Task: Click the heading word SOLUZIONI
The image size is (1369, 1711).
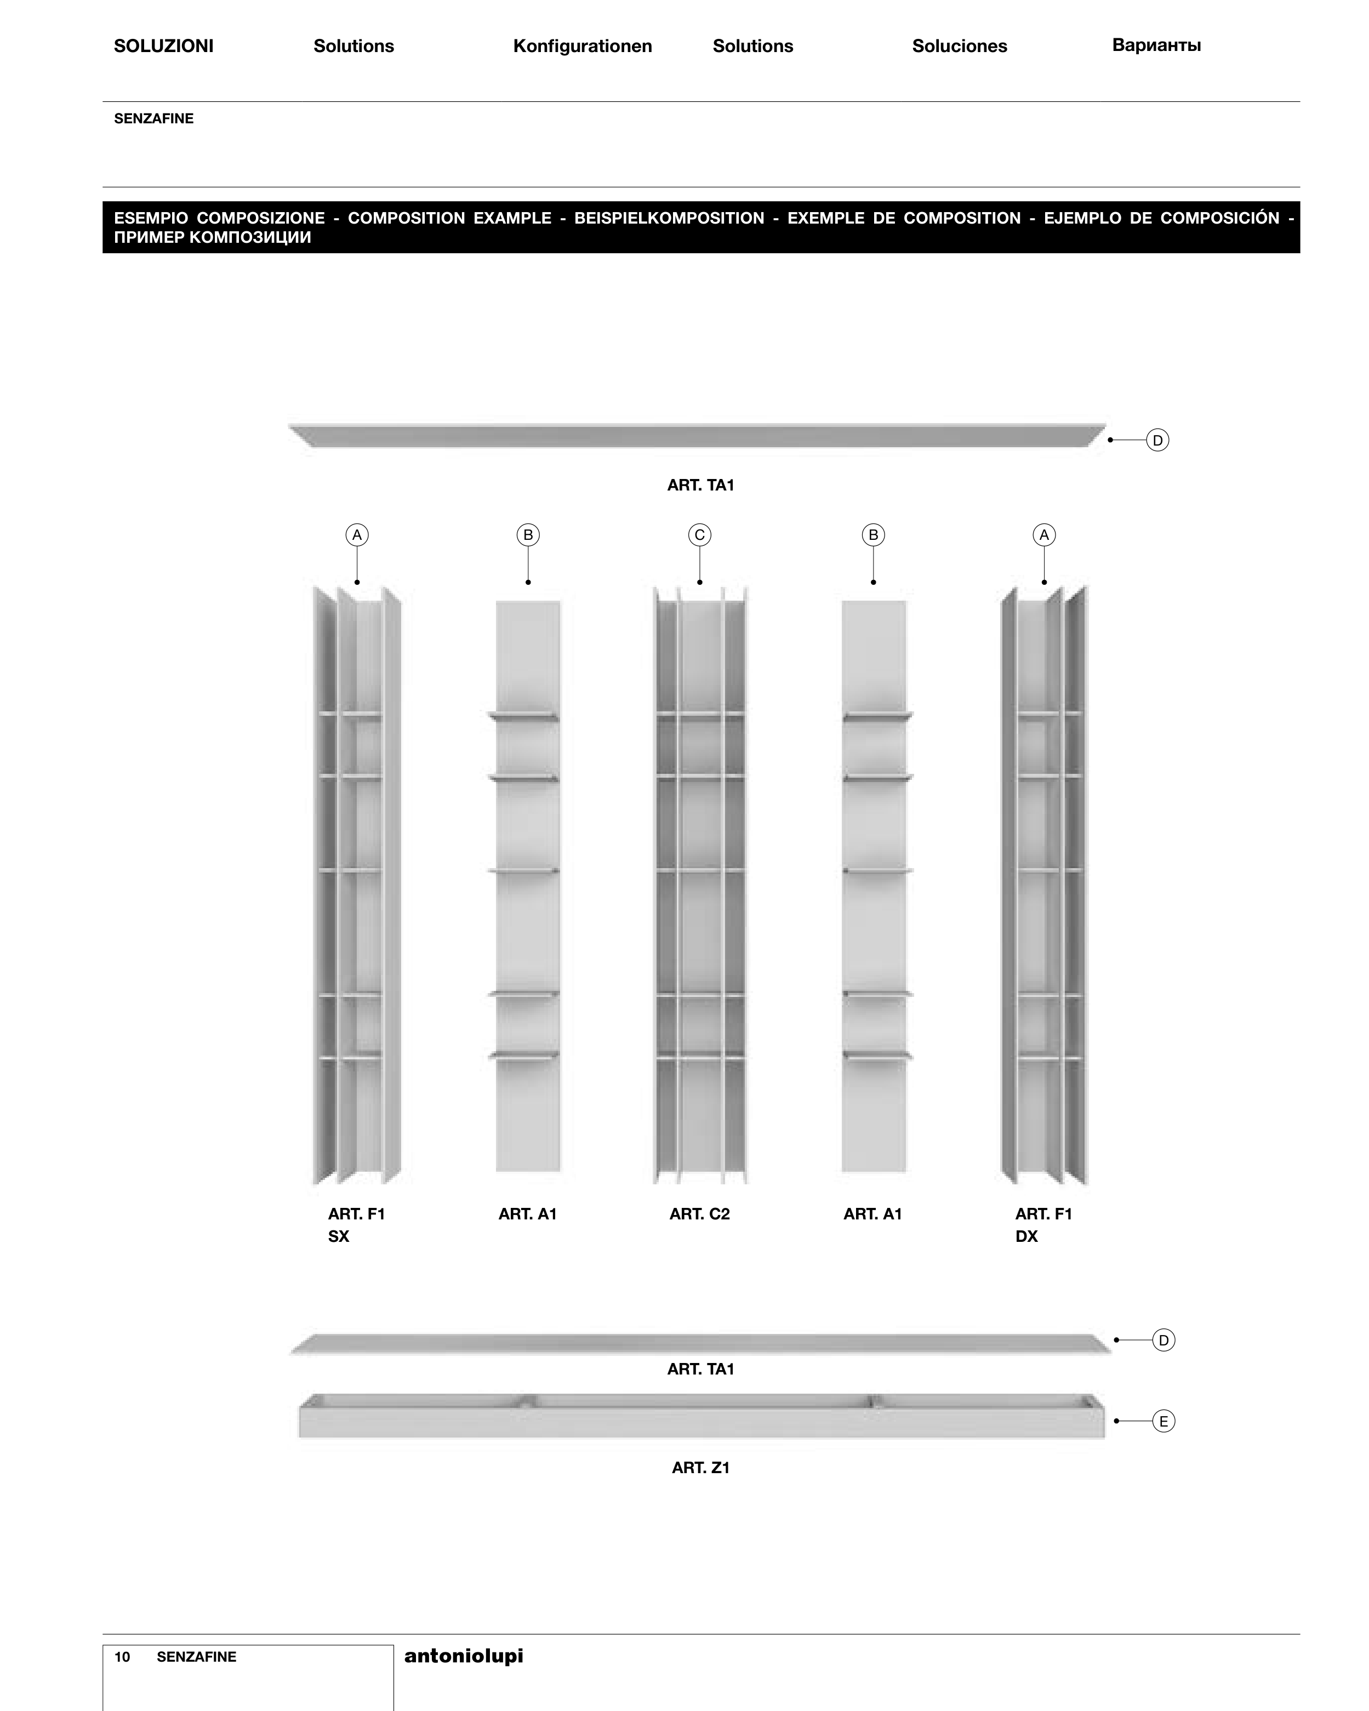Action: (163, 46)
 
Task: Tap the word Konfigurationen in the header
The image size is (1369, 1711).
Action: (583, 46)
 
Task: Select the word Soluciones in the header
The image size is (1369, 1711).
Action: (960, 46)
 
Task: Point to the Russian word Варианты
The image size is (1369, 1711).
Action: (1156, 45)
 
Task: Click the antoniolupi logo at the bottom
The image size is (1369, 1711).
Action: (464, 1656)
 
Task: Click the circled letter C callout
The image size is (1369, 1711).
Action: (699, 535)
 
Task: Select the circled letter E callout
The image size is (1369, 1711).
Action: (1163, 1421)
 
